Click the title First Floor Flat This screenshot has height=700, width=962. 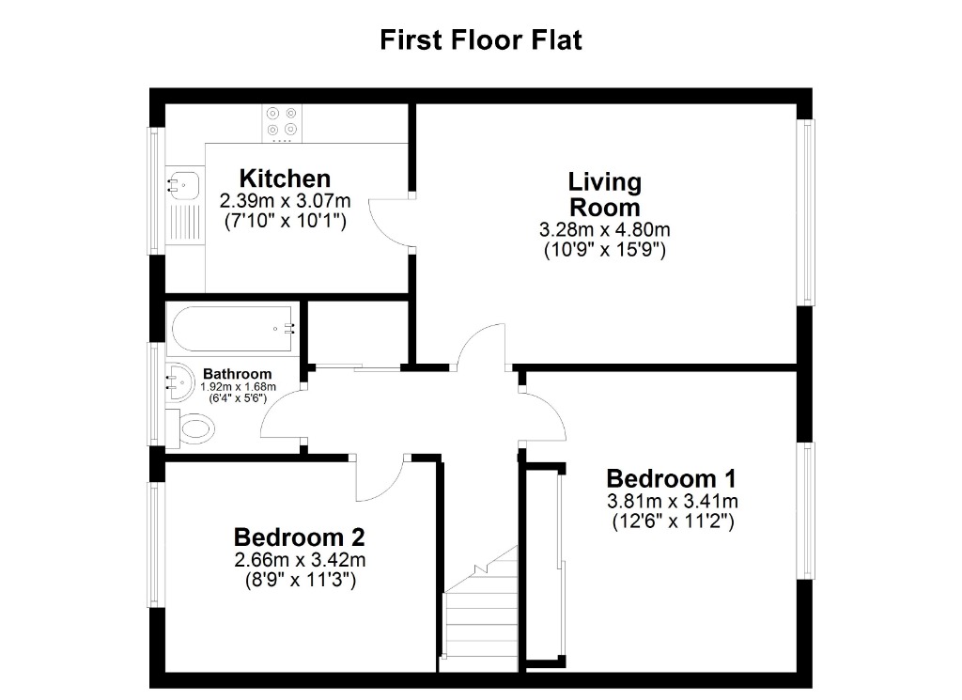(480, 40)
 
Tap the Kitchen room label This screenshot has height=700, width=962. (285, 178)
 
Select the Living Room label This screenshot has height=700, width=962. (604, 194)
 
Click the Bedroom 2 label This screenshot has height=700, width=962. (299, 537)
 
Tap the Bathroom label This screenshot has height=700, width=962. (239, 373)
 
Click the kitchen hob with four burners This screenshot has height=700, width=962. (282, 121)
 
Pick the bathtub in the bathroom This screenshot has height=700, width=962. (233, 329)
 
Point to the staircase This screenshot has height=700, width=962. (482, 611)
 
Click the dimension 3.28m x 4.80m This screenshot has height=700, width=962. (604, 230)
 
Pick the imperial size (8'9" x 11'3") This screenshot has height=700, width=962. (299, 581)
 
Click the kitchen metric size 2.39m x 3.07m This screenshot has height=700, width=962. (285, 201)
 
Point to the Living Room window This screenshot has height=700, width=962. (805, 211)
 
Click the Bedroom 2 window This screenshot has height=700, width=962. (156, 544)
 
